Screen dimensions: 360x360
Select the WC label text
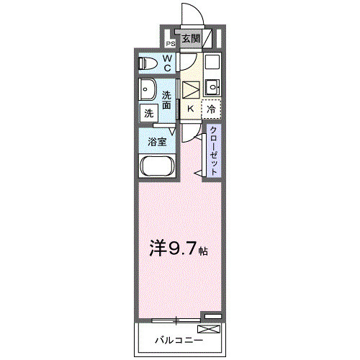pyautogui.click(x=166, y=63)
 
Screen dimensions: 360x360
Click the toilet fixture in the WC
pyautogui.click(x=148, y=64)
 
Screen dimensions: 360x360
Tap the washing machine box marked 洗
pyautogui.click(x=148, y=113)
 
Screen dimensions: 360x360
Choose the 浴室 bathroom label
pyautogui.click(x=158, y=142)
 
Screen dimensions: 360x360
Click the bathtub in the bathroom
pyautogui.click(x=156, y=168)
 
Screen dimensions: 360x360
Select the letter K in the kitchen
pyautogui.click(x=190, y=109)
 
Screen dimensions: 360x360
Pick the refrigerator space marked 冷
pyautogui.click(x=211, y=109)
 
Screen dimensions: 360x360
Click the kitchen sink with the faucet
pyautogui.click(x=212, y=89)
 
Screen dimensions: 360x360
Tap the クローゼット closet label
pyautogui.click(x=214, y=150)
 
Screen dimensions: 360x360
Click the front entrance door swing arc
pyautogui.click(x=193, y=14)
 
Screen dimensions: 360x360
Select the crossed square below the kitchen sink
pyautogui.click(x=189, y=89)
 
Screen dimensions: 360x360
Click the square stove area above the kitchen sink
pyautogui.click(x=212, y=62)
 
